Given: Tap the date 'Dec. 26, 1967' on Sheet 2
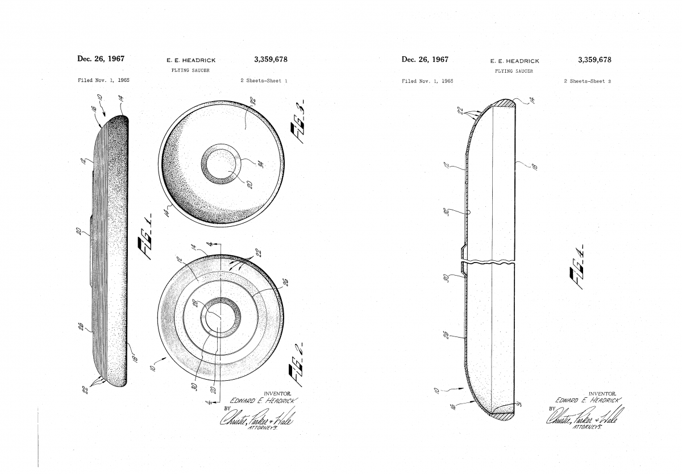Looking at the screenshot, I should [x=425, y=59].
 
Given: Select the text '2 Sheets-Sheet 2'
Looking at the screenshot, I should [x=587, y=81].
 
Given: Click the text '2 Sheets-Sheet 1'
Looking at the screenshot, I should [x=263, y=81].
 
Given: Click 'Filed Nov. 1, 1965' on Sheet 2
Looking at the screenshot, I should [x=427, y=81].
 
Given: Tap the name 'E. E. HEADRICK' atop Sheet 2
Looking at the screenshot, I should [x=514, y=61].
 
